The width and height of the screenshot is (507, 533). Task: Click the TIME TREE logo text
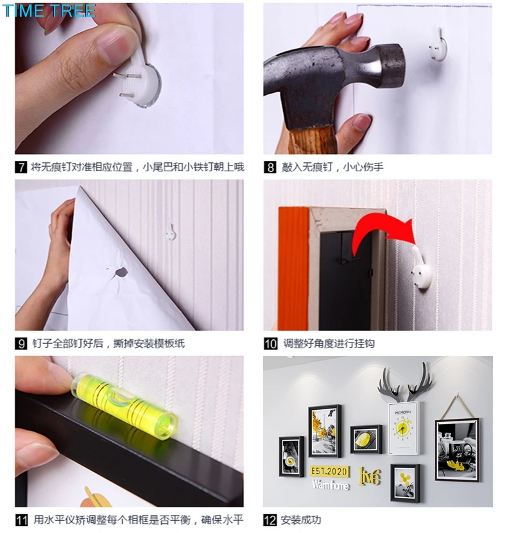coord(49,10)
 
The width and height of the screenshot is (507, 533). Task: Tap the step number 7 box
coord(21,167)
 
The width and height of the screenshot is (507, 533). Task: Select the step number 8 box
coord(270,167)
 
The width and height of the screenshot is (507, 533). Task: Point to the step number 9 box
coord(21,343)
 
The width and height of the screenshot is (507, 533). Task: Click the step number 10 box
coord(270,343)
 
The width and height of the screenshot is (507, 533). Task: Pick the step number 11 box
coord(21,520)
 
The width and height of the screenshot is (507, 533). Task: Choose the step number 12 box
coord(270,520)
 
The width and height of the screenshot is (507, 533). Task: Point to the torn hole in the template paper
coord(120,272)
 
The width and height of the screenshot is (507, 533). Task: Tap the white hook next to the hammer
coord(438,44)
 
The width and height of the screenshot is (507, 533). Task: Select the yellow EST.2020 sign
coord(329,471)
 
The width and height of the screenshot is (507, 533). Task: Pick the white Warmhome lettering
coord(330,485)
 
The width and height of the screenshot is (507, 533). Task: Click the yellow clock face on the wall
coord(402,429)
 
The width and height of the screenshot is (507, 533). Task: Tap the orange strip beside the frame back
coord(294,269)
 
